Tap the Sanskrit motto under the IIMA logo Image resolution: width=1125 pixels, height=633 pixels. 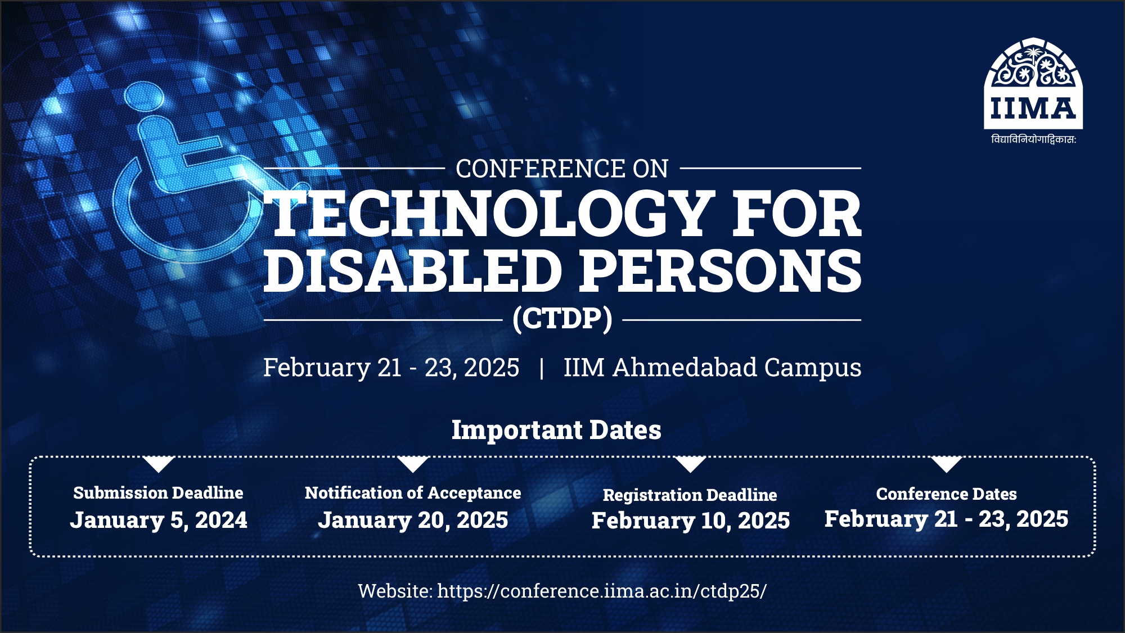pyautogui.click(x=1033, y=139)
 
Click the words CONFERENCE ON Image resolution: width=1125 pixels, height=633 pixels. pyautogui.click(x=562, y=169)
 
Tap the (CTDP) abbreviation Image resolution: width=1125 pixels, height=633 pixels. pyautogui.click(x=562, y=319)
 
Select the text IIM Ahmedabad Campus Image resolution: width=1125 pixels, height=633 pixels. pyautogui.click(x=712, y=368)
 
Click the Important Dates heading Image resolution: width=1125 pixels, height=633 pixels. pyautogui.click(x=556, y=430)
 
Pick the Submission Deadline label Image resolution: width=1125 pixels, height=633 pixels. pyautogui.click(x=158, y=493)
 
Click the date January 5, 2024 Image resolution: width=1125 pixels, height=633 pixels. pyautogui.click(x=159, y=520)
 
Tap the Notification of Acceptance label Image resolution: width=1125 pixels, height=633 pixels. pyautogui.click(x=413, y=493)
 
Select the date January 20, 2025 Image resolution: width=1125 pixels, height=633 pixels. pyautogui.click(x=413, y=520)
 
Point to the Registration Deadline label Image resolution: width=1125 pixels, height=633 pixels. pyautogui.click(x=690, y=495)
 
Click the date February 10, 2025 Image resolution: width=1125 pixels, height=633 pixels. pyautogui.click(x=691, y=521)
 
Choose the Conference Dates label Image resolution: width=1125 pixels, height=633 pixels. pyautogui.click(x=946, y=494)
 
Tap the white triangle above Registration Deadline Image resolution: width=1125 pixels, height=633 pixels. pyautogui.click(x=690, y=463)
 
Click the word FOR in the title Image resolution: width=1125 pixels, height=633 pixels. pyautogui.click(x=796, y=214)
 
